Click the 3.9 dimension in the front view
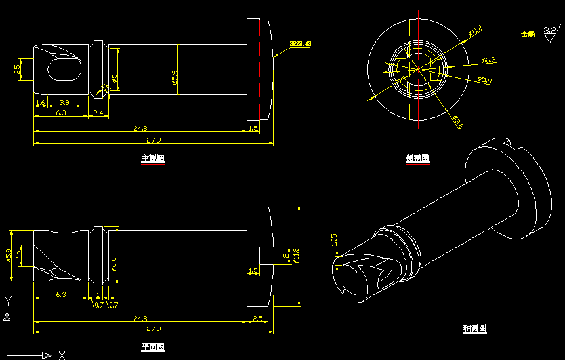64,103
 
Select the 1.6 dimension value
41,103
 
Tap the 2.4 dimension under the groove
98,113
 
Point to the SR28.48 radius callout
300,44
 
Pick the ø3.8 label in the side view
457,122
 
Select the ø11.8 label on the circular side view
475,29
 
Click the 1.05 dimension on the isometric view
334,241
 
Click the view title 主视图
153,158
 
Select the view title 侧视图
417,158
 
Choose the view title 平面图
153,347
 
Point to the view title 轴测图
474,329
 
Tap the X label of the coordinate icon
62,355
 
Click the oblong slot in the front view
64,70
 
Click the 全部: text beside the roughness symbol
528,33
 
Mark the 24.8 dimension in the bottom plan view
140,319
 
